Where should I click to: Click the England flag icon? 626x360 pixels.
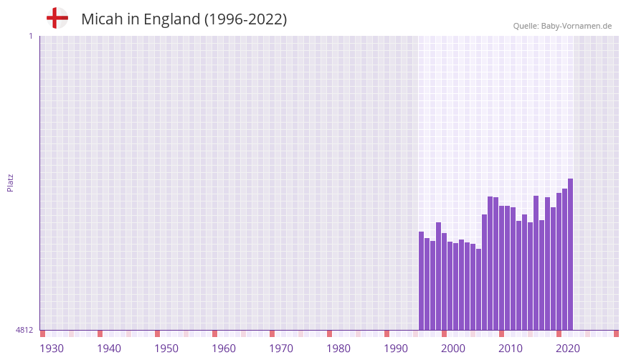click(x=57, y=18)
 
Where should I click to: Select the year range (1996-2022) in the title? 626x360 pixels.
click(x=245, y=19)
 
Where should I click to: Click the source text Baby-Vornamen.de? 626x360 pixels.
click(x=576, y=26)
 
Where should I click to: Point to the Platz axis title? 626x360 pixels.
click(x=10, y=183)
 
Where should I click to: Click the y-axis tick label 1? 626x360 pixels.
click(x=30, y=36)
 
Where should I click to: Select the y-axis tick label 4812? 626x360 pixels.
click(x=24, y=331)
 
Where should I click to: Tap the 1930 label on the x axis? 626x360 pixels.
click(x=52, y=349)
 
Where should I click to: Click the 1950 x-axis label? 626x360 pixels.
click(x=166, y=349)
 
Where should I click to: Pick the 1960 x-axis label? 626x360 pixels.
click(x=224, y=349)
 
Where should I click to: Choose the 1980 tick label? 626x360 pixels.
click(x=338, y=349)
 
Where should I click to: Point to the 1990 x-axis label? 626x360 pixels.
click(x=396, y=349)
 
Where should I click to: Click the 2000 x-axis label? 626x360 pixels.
click(x=453, y=349)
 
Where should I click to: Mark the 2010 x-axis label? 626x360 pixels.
click(x=511, y=349)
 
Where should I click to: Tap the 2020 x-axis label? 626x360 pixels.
click(x=568, y=349)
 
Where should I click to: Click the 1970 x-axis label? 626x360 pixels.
click(x=281, y=349)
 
